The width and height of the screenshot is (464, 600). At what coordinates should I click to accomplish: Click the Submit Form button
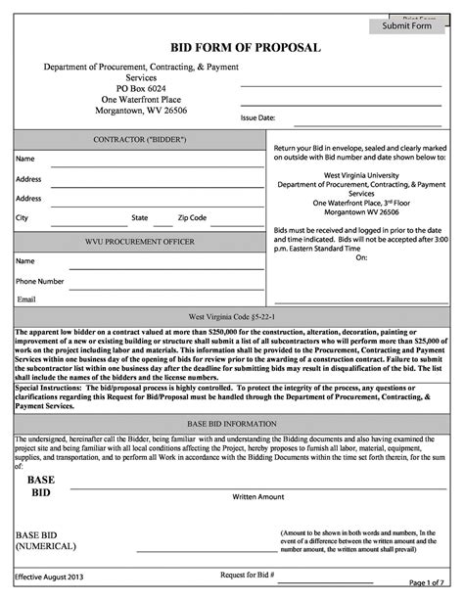406,26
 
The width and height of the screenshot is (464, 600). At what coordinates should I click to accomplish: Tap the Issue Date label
258,117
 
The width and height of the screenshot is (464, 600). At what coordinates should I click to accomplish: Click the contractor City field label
22,217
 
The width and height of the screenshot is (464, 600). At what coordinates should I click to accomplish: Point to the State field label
140,217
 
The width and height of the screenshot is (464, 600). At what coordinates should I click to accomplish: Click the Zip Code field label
192,217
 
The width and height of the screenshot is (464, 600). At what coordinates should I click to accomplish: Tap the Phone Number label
40,281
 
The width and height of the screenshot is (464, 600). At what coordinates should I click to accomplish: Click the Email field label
26,299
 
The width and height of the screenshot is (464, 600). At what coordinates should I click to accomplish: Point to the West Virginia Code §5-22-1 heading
232,318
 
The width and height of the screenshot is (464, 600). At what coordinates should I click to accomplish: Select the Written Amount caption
257,496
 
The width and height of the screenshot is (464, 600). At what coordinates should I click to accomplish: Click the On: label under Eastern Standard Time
360,258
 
